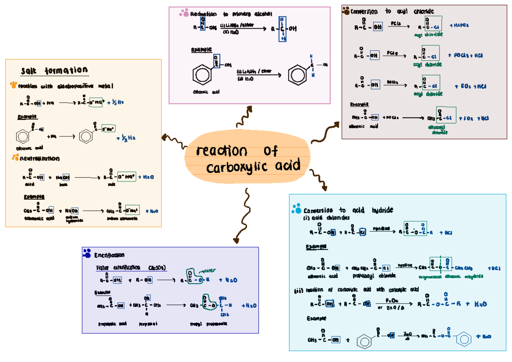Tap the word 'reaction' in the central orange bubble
(221, 151)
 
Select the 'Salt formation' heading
(55, 70)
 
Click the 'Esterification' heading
(110, 255)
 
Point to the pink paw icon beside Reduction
(184, 14)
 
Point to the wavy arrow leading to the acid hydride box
(318, 178)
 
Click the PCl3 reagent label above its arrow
(395, 24)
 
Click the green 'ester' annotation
(209, 269)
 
